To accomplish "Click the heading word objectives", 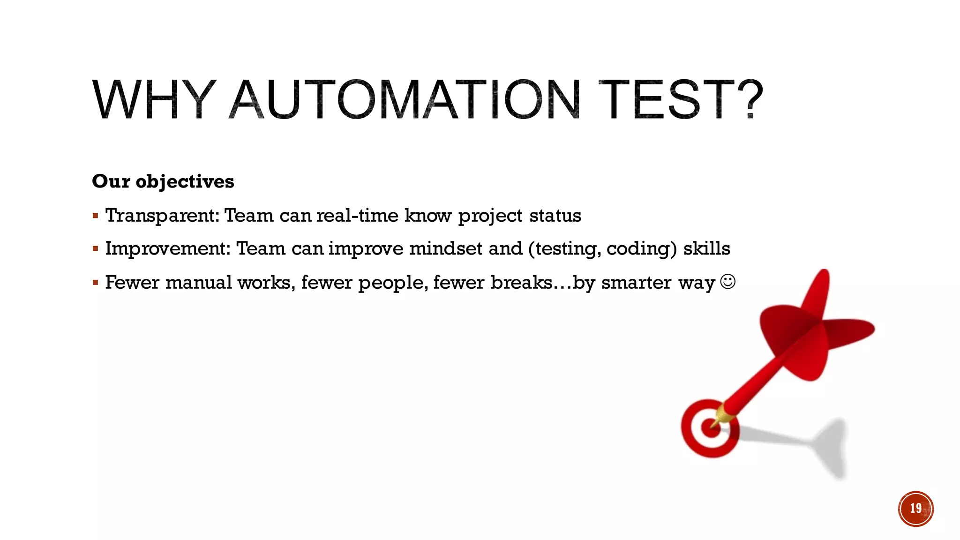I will coord(185,181).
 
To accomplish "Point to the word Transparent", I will coord(162,216).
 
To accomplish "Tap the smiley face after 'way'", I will coord(727,282).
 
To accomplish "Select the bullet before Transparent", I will coord(95,216).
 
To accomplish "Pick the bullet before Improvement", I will coord(95,249).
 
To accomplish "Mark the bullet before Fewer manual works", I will coord(95,283).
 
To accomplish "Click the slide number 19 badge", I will coord(915,509).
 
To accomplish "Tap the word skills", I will coord(706,248).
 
